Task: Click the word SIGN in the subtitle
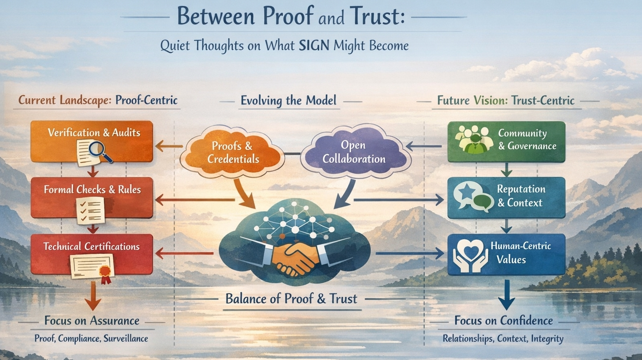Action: tap(314, 45)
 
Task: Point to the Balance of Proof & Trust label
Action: tap(291, 299)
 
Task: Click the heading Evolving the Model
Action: tap(288, 101)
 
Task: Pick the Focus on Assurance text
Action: tap(92, 321)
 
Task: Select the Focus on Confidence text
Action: tap(503, 321)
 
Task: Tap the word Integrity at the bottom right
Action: tap(547, 339)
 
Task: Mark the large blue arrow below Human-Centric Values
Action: tap(507, 295)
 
